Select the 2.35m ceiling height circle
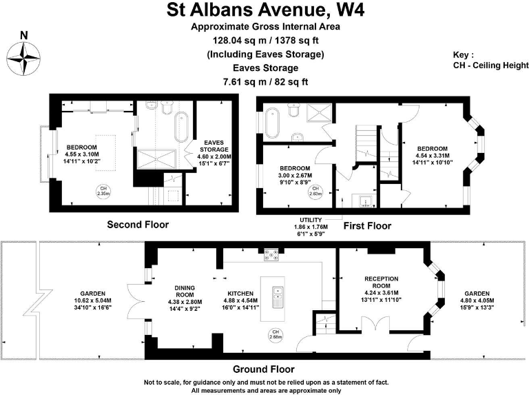103,192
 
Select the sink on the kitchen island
279,298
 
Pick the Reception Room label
381,287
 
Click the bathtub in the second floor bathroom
180,126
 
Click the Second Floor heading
138,224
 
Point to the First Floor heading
368,225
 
